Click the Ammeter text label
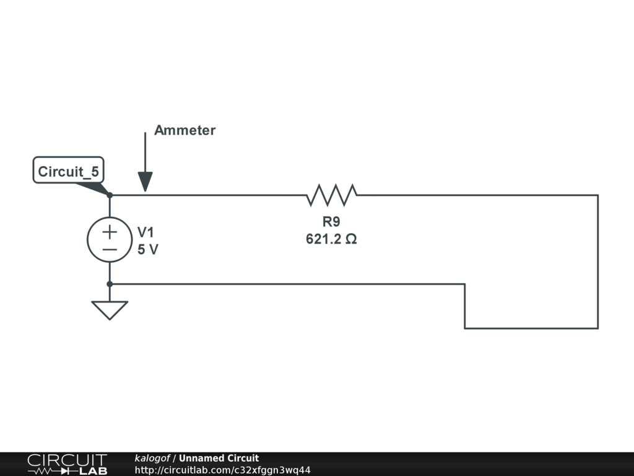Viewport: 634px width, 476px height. click(185, 130)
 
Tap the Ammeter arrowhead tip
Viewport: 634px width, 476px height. click(145, 190)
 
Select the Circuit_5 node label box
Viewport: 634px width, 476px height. click(68, 170)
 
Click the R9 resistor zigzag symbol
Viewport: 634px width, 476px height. click(332, 195)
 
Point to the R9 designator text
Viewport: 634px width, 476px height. click(331, 222)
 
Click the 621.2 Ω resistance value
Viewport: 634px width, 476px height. click(331, 239)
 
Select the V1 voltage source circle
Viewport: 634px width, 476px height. click(110, 240)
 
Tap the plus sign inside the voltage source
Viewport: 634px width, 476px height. click(110, 232)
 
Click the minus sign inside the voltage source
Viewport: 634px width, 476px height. click(110, 249)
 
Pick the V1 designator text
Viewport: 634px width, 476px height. click(146, 232)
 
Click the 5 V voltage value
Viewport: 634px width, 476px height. click(147, 249)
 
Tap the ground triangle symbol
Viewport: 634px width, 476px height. click(110, 309)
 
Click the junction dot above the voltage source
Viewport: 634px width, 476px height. click(110, 195)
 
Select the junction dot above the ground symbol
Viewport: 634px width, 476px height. click(110, 284)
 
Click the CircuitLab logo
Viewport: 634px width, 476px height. click(67, 464)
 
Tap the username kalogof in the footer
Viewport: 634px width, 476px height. click(152, 458)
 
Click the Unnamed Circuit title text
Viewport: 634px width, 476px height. click(219, 458)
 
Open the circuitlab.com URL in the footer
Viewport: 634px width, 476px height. click(222, 470)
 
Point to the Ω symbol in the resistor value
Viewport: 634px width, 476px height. click(351, 239)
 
